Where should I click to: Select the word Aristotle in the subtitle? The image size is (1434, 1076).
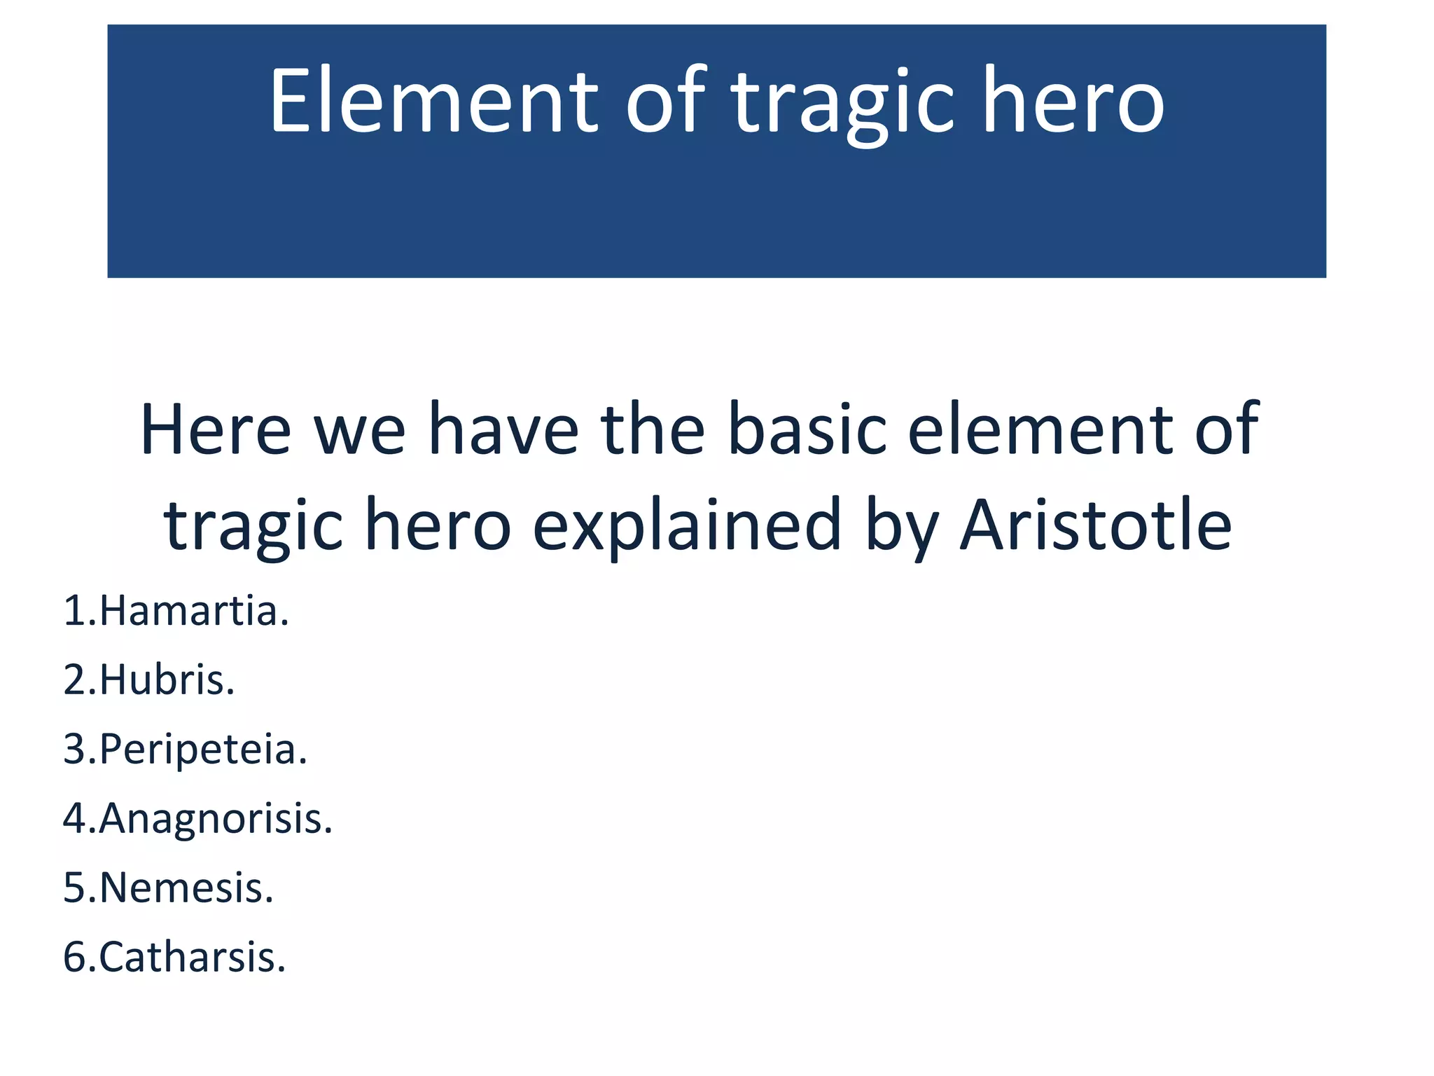(x=1096, y=525)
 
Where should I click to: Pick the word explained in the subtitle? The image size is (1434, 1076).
(x=687, y=525)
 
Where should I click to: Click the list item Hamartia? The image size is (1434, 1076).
(x=194, y=611)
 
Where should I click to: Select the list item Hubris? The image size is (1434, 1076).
(x=167, y=680)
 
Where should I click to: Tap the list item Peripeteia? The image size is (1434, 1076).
(x=203, y=749)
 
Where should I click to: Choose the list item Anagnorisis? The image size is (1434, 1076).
(x=216, y=818)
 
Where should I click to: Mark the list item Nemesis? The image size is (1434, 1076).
(x=186, y=888)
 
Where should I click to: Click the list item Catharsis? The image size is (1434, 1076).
(x=193, y=957)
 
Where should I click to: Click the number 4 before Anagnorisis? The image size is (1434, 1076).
(x=75, y=818)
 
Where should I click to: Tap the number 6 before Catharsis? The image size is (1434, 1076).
(x=75, y=957)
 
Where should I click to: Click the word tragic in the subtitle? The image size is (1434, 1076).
(x=253, y=525)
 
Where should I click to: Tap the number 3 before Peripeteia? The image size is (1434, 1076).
(x=75, y=749)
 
